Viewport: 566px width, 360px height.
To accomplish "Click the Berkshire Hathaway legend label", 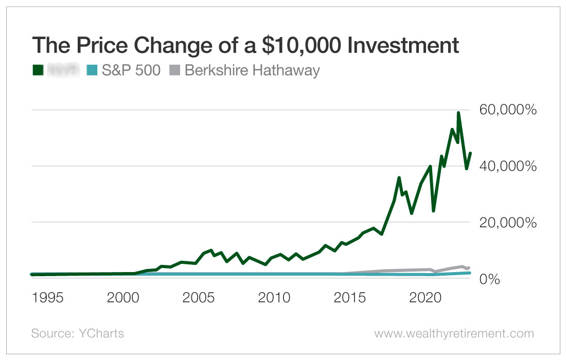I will click(252, 70).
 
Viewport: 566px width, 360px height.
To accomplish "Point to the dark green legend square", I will click(37, 70).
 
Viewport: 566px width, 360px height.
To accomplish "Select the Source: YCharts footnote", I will click(78, 333).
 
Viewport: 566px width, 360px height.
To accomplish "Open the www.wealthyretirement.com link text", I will click(454, 333).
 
